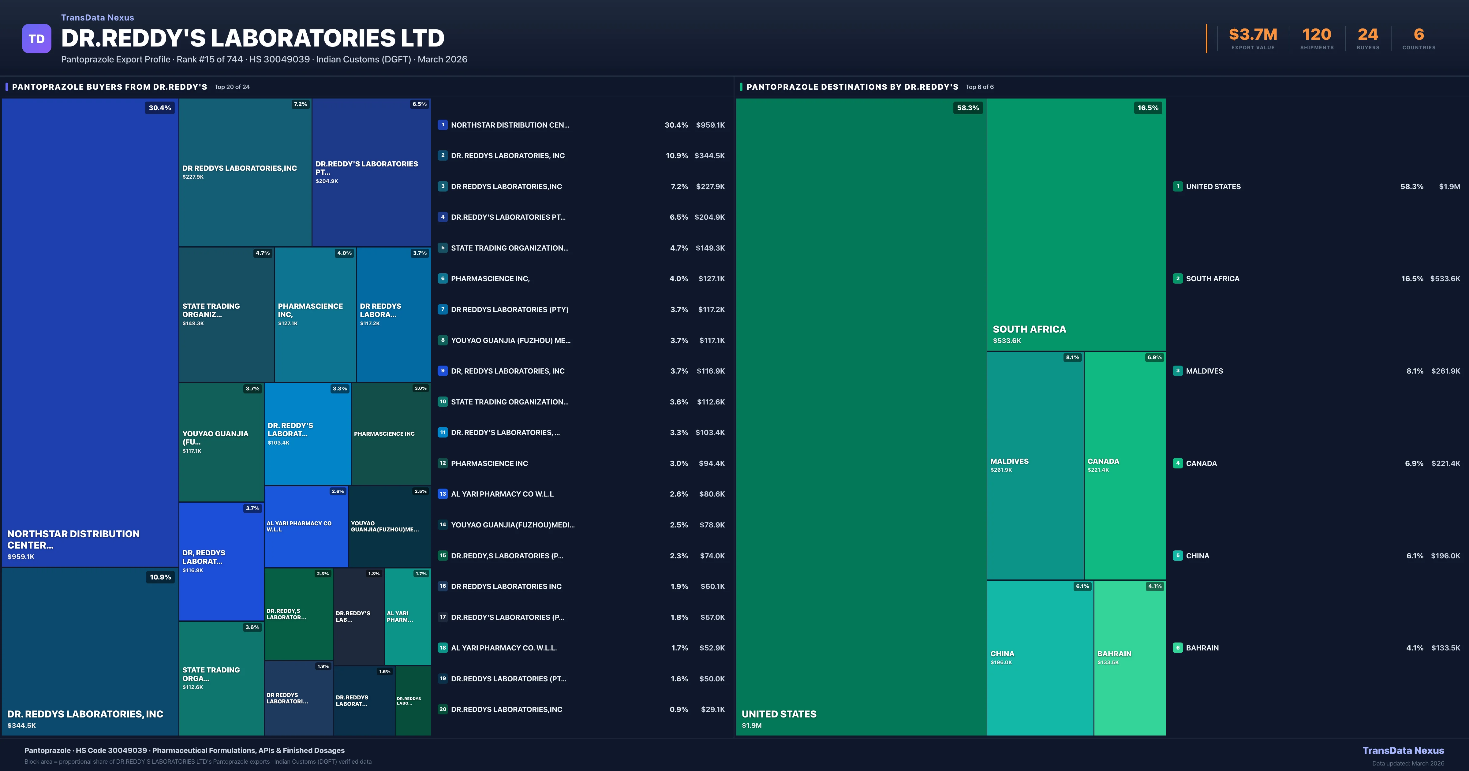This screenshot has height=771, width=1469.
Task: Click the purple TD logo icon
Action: pos(36,39)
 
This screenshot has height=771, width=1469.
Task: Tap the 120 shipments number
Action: pos(1316,35)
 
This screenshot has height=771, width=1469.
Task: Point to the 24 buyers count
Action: pos(1367,35)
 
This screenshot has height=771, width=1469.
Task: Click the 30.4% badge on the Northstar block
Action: pos(160,108)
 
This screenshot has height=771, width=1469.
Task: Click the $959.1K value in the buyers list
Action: pos(710,125)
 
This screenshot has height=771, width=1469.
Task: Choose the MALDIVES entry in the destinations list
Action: pos(1204,371)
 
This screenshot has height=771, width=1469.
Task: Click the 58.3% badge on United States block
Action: pos(968,108)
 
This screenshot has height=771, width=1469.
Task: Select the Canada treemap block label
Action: pos(1103,461)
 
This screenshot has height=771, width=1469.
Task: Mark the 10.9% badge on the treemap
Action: pos(160,577)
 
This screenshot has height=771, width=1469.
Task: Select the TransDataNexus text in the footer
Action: pos(1403,751)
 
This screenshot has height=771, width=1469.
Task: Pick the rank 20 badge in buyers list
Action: pos(443,710)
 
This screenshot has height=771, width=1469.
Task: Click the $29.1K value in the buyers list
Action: pos(712,710)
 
